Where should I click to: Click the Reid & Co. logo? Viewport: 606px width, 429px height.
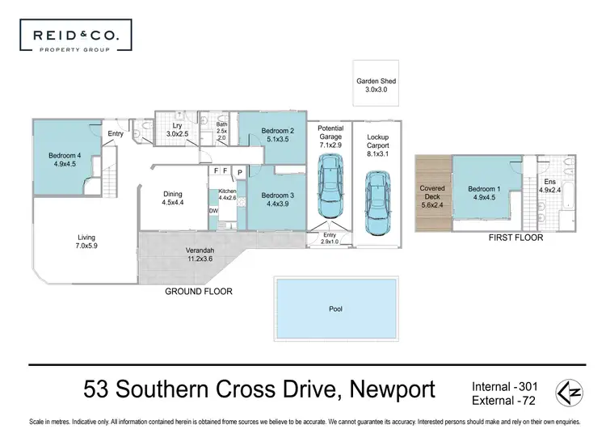(x=75, y=37)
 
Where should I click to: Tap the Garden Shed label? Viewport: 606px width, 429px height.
(x=377, y=86)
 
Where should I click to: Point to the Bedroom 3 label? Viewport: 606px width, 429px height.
(x=276, y=199)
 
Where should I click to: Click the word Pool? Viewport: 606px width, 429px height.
(x=335, y=309)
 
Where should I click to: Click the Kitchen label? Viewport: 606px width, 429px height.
(x=226, y=195)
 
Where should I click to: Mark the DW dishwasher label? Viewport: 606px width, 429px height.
(x=213, y=211)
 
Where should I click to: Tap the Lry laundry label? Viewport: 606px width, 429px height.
(x=176, y=129)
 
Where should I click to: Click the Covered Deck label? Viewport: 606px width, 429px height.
(x=432, y=194)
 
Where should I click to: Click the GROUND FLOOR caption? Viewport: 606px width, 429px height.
(x=199, y=291)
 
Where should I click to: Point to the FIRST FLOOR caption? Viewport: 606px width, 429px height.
(x=516, y=238)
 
